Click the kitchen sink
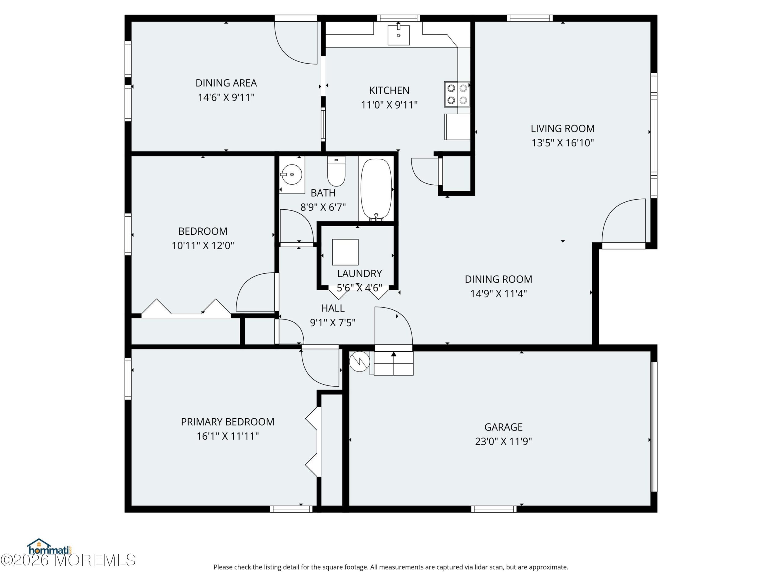398,34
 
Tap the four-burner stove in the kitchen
457,94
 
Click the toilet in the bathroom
336,171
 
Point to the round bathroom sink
292,175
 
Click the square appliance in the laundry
345,252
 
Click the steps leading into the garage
393,363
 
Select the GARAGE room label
503,427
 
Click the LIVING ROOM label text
562,128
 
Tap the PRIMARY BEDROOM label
228,422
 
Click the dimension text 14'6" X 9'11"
226,97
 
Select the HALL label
333,308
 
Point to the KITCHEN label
389,90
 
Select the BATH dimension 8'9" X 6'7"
323,207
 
